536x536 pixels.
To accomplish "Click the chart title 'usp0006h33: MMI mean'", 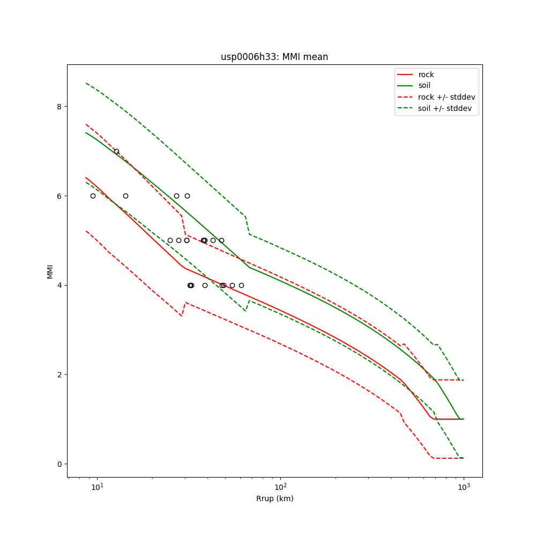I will pyautogui.click(x=274, y=57).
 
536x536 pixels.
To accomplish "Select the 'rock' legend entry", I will pyautogui.click(x=426, y=75).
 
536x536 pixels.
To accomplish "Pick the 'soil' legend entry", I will pyautogui.click(x=424, y=85).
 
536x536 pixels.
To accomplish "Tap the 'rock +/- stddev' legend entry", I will pyautogui.click(x=446, y=97).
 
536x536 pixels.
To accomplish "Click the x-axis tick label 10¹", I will pyautogui.click(x=97, y=487).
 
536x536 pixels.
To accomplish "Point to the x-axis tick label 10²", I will pyautogui.click(x=280, y=487).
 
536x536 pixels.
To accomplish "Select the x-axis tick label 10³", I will pyautogui.click(x=464, y=487).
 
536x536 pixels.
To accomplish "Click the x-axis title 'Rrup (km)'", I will pyautogui.click(x=274, y=498).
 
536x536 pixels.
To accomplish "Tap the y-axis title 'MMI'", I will pyautogui.click(x=50, y=271).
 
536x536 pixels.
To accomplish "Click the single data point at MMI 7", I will pyautogui.click(x=116, y=151).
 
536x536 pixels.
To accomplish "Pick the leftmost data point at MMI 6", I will pyautogui.click(x=93, y=196).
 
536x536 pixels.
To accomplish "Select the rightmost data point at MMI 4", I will pyautogui.click(x=241, y=285).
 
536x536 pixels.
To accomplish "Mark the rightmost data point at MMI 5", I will pyautogui.click(x=221, y=240).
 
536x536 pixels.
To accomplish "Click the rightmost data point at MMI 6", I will pyautogui.click(x=187, y=196).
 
